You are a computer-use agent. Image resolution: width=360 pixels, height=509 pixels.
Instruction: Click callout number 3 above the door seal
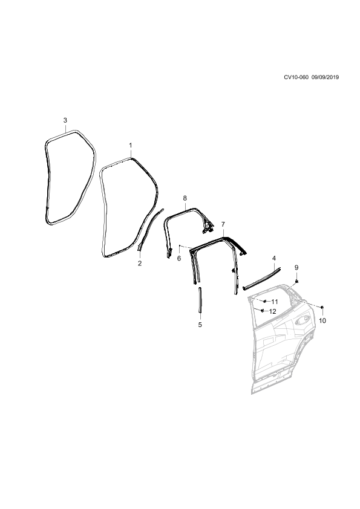coord(65,120)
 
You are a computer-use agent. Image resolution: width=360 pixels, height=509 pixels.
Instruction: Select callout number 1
coord(131,145)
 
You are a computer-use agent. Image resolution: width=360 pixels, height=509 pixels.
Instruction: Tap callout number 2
coord(140,263)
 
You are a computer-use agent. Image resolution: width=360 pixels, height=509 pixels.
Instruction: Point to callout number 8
coord(185,198)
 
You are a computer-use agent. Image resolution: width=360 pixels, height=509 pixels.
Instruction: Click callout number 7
coord(223,224)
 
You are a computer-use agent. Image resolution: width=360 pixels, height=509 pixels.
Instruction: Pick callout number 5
coord(200,324)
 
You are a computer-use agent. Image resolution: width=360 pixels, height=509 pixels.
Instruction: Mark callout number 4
coord(274,258)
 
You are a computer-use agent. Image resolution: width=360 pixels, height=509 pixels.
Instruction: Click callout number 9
coord(296,267)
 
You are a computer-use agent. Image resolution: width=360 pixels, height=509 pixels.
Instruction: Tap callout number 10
coord(322,321)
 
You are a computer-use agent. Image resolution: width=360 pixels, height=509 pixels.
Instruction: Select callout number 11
coord(275,302)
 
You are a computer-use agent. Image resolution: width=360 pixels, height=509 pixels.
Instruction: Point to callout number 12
coord(273,312)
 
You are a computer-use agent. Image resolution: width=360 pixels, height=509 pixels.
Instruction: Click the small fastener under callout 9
coord(296,280)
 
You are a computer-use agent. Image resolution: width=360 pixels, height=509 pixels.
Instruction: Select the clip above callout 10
coord(322,306)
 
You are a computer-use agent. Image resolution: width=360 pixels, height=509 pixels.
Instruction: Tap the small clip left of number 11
coord(265,301)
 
